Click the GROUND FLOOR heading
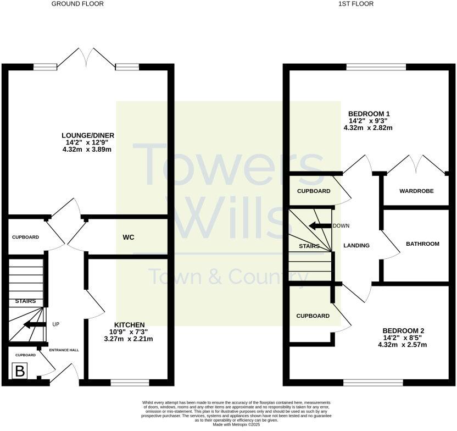click(77, 4)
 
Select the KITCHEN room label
click(130, 325)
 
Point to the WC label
click(129, 238)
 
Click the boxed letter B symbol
click(20, 372)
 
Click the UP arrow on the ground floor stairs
click(35, 325)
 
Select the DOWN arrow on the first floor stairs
click(320, 226)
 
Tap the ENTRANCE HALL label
click(64, 350)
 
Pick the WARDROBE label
click(416, 191)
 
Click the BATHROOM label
click(422, 244)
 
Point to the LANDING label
click(356, 246)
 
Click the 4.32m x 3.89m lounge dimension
click(88, 150)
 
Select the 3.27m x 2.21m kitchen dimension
click(130, 339)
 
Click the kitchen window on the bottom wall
click(130, 382)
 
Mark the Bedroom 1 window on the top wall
click(376, 67)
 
